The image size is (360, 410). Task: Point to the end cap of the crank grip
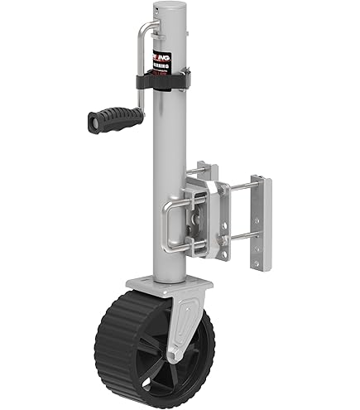coord(91,124)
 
